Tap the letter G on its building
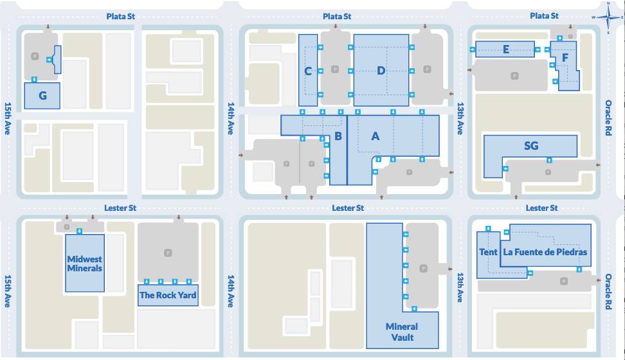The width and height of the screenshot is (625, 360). point(42,96)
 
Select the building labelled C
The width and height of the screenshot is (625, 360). point(308,71)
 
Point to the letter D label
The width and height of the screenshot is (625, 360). point(381,71)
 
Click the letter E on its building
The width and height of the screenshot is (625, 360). point(506,49)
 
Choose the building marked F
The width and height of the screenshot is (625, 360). point(565,58)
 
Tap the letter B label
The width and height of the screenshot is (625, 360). point(338,136)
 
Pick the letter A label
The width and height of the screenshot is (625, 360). point(376,136)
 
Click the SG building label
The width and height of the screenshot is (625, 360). point(530,146)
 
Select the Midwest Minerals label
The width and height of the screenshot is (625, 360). point(84,264)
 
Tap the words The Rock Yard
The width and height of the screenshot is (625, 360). point(168,295)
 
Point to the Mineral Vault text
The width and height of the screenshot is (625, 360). point(402,332)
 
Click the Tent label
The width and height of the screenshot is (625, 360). point(488,252)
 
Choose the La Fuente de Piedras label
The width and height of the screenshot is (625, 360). point(545,252)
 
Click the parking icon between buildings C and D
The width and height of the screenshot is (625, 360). point(334,69)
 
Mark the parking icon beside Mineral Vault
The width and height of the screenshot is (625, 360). point(423,267)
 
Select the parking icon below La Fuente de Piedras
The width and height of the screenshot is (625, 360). point(564,281)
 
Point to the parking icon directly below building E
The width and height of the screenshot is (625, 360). point(514,76)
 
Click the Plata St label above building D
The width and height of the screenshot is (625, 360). point(337,16)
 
